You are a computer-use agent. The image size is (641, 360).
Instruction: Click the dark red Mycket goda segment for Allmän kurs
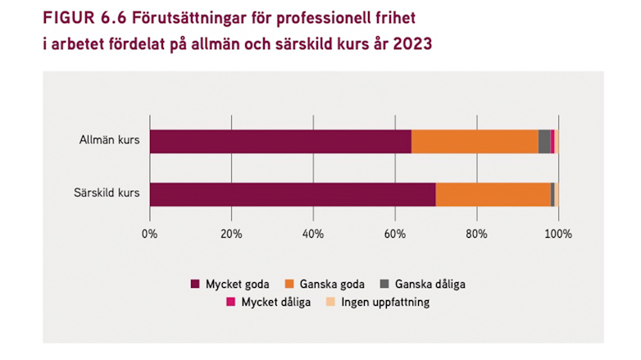tap(280, 141)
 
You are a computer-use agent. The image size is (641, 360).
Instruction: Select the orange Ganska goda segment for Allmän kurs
tap(475, 141)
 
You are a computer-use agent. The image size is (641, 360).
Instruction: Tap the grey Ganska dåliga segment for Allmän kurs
tap(544, 141)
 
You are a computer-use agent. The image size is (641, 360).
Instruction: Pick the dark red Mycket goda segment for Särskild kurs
tap(293, 194)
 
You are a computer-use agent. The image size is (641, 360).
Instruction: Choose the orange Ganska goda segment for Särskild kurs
tap(493, 194)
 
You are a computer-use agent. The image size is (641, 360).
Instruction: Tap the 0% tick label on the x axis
tap(149, 235)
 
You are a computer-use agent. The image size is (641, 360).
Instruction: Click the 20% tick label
tap(231, 235)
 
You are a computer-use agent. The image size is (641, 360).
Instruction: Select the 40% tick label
tap(313, 235)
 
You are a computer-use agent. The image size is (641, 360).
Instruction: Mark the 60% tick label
tap(395, 235)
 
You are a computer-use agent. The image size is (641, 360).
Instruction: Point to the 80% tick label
tap(476, 235)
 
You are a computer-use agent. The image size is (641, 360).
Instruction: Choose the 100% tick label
tap(558, 235)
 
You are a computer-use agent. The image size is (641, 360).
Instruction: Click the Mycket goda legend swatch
tap(195, 285)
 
